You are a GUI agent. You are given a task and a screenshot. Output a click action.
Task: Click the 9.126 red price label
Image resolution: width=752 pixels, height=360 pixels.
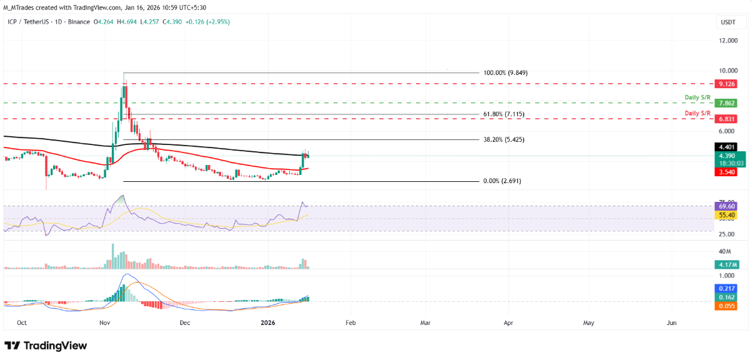pyautogui.click(x=726, y=83)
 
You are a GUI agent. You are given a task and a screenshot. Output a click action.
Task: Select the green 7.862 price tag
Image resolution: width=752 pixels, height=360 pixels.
pyautogui.click(x=726, y=103)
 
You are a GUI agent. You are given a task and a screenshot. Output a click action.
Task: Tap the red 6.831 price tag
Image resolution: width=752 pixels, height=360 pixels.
pyautogui.click(x=726, y=118)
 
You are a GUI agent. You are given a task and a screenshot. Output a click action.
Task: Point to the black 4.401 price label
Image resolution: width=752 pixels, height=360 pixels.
pyautogui.click(x=726, y=147)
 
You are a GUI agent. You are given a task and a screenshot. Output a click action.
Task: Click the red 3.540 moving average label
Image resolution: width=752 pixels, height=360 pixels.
pyautogui.click(x=726, y=171)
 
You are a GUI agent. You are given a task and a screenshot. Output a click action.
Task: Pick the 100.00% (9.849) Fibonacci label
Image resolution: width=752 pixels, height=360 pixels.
pyautogui.click(x=506, y=72)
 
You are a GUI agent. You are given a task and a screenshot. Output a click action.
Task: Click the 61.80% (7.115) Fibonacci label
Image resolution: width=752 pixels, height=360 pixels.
pyautogui.click(x=505, y=114)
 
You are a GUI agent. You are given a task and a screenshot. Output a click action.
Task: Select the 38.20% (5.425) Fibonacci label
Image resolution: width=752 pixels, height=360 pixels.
pyautogui.click(x=505, y=140)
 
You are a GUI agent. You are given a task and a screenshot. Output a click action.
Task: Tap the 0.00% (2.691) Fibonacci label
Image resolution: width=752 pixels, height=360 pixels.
pyautogui.click(x=502, y=181)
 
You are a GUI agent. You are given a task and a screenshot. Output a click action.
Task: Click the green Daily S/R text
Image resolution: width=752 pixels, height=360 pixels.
pyautogui.click(x=698, y=97)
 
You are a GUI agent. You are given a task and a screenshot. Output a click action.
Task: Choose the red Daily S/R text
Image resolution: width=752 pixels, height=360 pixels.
pyautogui.click(x=698, y=112)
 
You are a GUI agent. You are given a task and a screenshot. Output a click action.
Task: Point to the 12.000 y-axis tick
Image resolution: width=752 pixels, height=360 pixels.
pyautogui.click(x=726, y=41)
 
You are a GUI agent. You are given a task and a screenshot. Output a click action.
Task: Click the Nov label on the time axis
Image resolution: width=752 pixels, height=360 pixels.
pyautogui.click(x=104, y=323)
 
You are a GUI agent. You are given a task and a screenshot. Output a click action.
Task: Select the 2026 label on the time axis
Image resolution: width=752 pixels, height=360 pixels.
pyautogui.click(x=268, y=323)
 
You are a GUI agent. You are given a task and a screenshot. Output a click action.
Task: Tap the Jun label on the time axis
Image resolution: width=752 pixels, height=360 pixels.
pyautogui.click(x=671, y=323)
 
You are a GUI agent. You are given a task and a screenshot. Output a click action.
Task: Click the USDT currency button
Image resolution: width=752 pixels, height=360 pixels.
pyautogui.click(x=728, y=22)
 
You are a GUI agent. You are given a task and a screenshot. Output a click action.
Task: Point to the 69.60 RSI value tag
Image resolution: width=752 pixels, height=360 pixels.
pyautogui.click(x=726, y=206)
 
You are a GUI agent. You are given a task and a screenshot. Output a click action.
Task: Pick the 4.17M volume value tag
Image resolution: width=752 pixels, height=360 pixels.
pyautogui.click(x=726, y=264)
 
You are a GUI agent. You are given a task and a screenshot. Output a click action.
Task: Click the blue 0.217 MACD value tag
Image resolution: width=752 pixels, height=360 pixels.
pyautogui.click(x=726, y=289)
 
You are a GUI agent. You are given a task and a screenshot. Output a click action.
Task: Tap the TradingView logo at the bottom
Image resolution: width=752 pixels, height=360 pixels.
pyautogui.click(x=46, y=346)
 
